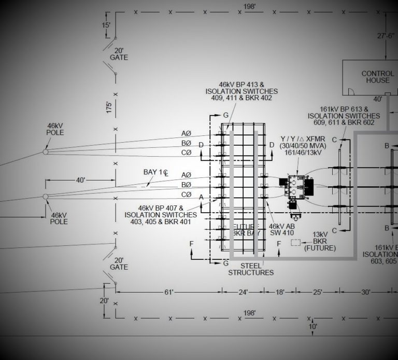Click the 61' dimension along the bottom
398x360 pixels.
(x=169, y=293)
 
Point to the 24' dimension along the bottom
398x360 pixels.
(x=243, y=293)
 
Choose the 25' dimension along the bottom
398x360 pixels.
(x=317, y=293)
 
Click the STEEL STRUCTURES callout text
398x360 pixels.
(x=252, y=269)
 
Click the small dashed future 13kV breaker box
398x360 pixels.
(x=296, y=242)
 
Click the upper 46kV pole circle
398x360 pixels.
(x=46, y=152)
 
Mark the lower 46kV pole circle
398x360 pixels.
(x=46, y=196)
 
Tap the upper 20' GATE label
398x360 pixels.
(x=119, y=53)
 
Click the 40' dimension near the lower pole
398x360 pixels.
(x=81, y=181)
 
